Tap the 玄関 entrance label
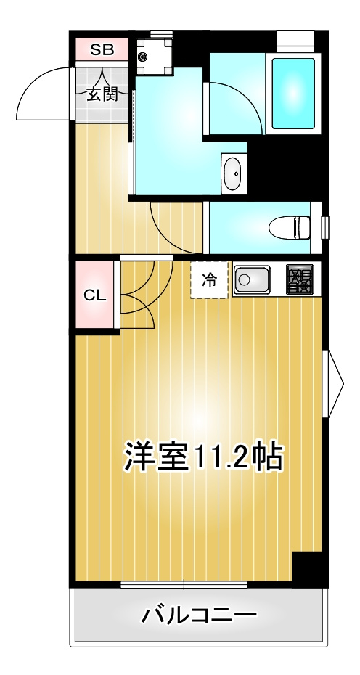point(102,94)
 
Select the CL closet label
point(94,295)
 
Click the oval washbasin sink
point(233,175)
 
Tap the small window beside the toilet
point(325,227)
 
